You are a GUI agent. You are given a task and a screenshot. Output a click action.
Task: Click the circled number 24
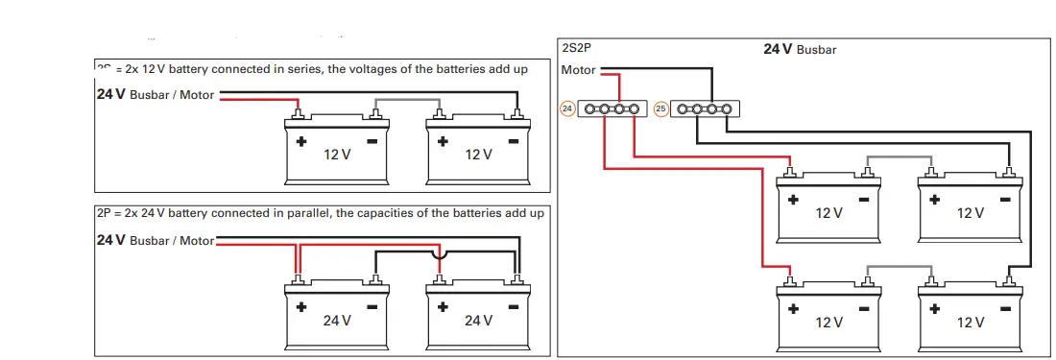point(567,109)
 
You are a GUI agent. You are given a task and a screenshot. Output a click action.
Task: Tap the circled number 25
point(660,109)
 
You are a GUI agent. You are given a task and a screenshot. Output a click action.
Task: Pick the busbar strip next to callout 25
point(703,109)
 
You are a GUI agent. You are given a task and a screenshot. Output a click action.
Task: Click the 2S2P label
point(575,46)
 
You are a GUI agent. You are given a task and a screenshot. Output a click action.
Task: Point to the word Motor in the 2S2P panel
point(578,70)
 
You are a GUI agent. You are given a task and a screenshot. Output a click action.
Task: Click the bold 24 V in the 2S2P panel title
point(778,49)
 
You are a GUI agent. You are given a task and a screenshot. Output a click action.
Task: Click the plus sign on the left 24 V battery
point(300,308)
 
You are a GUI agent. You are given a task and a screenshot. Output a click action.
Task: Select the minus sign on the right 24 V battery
point(514,308)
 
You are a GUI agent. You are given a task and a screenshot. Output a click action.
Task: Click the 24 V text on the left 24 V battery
point(336,321)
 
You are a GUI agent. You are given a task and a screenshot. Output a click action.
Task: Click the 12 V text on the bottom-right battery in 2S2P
point(970,323)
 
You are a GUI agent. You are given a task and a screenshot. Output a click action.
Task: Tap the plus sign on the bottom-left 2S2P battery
point(793,309)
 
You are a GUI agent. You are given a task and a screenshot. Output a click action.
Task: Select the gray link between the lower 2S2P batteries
point(899,266)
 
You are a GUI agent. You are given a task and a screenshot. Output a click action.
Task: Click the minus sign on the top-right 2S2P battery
point(1005,200)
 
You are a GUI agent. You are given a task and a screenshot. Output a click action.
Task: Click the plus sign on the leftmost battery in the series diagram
point(300,141)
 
